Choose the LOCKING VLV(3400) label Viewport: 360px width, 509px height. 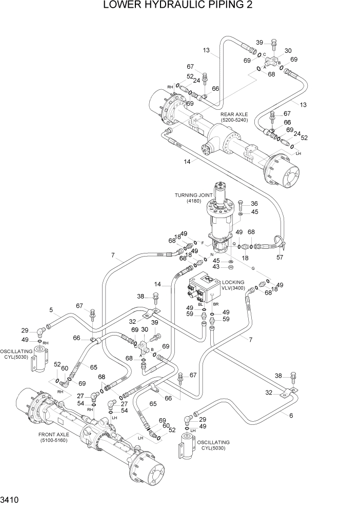pyautogui.click(x=233, y=286)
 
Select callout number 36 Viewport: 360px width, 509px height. pyautogui.click(x=254, y=203)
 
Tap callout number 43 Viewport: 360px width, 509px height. pyautogui.click(x=216, y=267)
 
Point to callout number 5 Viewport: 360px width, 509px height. pyautogui.click(x=51, y=310)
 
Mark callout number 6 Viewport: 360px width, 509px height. pyautogui.click(x=291, y=415)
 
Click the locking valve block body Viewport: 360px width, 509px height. pyautogui.click(x=202, y=288)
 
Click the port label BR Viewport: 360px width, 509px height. pyautogui.click(x=216, y=304)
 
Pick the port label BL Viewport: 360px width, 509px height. pyautogui.click(x=202, y=304)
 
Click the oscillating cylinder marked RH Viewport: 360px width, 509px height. pyautogui.click(x=39, y=357)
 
